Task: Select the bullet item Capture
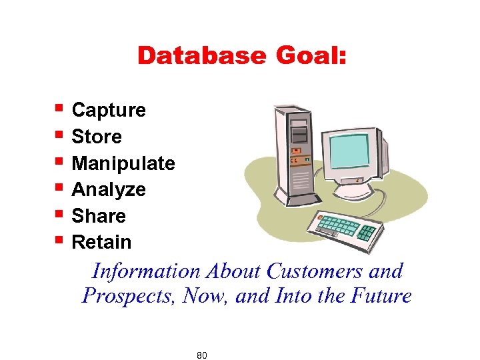108,110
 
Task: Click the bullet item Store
97,137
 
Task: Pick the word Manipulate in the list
123,163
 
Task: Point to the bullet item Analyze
108,190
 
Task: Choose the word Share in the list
99,216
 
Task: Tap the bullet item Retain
101,242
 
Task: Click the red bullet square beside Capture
59,107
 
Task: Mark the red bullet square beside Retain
59,239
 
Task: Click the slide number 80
202,355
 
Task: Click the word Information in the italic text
145,271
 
